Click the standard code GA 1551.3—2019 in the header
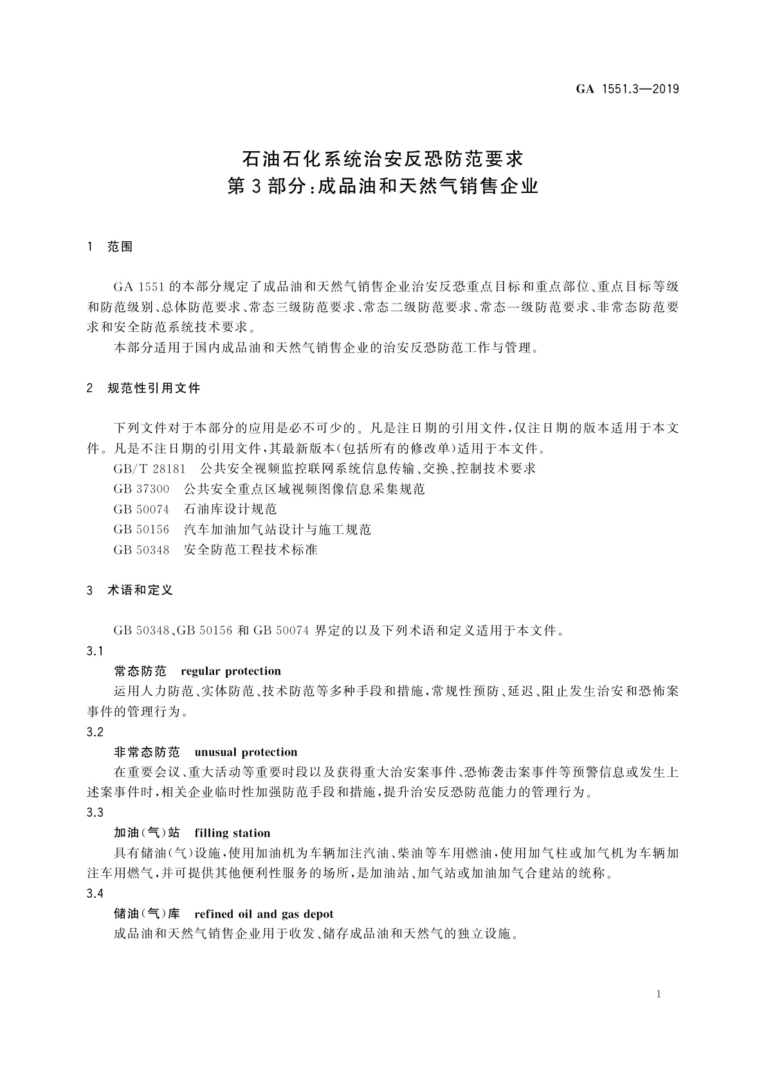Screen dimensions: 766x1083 tap(626, 89)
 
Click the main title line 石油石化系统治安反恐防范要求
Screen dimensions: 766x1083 tap(383, 158)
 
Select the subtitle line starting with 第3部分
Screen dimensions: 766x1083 tap(383, 187)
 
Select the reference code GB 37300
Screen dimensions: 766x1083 tap(141, 489)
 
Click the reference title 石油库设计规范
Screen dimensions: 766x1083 tap(230, 509)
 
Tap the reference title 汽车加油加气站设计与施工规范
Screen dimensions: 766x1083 tap(277, 529)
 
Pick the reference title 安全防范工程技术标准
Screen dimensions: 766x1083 tap(250, 550)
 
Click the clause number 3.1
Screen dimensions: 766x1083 tap(95, 651)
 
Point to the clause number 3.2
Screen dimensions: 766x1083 tap(95, 732)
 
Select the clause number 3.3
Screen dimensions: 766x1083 tap(95, 813)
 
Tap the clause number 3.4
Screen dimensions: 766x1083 tap(95, 894)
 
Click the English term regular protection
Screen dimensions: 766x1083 tap(231, 671)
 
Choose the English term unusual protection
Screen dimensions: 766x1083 tap(246, 752)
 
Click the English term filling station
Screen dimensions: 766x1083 tap(232, 833)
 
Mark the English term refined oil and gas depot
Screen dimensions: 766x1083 tap(264, 915)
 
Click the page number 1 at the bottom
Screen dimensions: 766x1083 tap(659, 995)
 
